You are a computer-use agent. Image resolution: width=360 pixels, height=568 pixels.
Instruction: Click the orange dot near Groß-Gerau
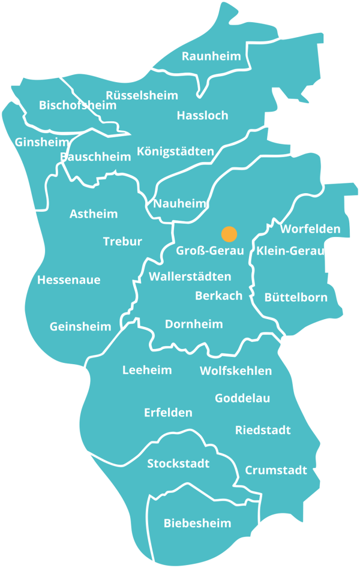click(x=229, y=234)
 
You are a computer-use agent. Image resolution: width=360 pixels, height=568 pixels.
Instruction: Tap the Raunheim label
click(x=211, y=56)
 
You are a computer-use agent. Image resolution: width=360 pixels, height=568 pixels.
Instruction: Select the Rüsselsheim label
click(x=142, y=95)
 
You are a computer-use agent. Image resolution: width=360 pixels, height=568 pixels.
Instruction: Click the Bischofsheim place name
click(x=77, y=106)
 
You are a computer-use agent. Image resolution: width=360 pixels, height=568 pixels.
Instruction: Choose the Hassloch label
click(x=202, y=115)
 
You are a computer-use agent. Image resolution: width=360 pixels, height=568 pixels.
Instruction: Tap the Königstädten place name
click(x=175, y=151)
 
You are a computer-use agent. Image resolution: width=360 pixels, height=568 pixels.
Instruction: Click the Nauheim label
click(x=179, y=204)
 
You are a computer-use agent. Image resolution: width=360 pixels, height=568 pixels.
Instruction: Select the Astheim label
click(x=94, y=214)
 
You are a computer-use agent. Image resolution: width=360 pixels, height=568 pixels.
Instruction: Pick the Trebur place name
click(x=122, y=242)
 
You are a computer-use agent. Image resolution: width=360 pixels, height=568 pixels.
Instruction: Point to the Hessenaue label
click(x=68, y=280)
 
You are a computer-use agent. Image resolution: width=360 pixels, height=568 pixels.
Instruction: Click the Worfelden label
click(x=310, y=229)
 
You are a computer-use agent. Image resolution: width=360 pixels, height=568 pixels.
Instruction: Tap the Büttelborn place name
click(x=296, y=297)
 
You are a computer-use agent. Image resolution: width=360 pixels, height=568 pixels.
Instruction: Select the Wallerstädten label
click(x=190, y=277)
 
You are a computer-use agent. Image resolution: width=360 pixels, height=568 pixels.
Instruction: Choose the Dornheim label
click(x=194, y=324)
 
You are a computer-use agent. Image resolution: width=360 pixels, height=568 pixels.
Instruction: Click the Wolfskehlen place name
click(x=236, y=371)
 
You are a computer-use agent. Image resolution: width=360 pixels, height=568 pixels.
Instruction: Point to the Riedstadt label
click(x=263, y=430)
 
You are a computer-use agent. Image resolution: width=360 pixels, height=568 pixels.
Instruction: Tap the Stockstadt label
click(x=178, y=464)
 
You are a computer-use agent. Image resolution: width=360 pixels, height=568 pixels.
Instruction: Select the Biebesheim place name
click(x=197, y=524)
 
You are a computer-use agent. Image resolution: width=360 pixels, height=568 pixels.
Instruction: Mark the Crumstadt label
click(x=276, y=470)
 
